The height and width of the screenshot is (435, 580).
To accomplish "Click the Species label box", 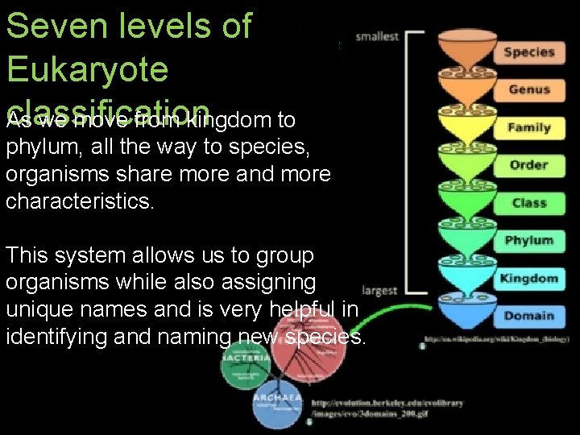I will [528, 52].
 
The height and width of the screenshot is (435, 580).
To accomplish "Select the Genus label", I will [528, 89].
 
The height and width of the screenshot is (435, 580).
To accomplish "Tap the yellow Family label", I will [528, 127].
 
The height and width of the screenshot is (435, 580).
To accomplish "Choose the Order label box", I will [528, 165].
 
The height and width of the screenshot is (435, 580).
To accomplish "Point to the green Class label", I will [528, 203].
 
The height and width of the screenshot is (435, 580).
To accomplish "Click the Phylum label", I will [528, 240].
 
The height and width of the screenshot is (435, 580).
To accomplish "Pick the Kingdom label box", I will [528, 278].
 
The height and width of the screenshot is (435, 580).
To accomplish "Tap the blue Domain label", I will [528, 316].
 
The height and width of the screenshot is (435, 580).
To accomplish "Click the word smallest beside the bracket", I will [376, 36].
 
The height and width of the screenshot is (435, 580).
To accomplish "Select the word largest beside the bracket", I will [379, 290].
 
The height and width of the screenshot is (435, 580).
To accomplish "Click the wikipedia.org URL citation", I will [493, 339].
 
